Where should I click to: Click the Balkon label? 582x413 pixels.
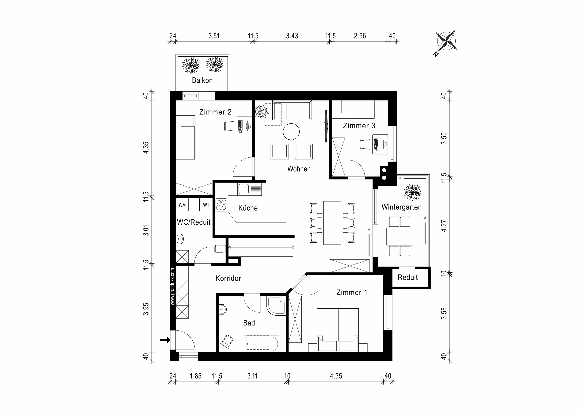pos(202,80)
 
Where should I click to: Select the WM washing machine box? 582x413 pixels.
pos(182,205)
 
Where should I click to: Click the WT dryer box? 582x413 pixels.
pos(206,205)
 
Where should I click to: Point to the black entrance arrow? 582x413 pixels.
pos(165,340)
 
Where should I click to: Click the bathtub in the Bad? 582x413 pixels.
pos(261,344)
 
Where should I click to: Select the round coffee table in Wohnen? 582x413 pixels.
pos(291,132)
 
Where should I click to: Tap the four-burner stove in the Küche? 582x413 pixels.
pos(221,205)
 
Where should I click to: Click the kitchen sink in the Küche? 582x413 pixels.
pos(243,189)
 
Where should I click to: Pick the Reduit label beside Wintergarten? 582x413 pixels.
pos(407,277)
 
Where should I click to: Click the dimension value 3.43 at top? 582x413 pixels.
pos(292,36)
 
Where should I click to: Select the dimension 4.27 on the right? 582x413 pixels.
pos(444,226)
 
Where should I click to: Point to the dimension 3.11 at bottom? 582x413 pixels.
pos(252,376)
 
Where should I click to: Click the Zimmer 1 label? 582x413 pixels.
pos(352,292)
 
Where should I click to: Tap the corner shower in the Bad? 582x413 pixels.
pos(276,306)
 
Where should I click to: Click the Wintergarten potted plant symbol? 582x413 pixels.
pos(412,192)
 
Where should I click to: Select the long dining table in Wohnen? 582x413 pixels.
pos(332,223)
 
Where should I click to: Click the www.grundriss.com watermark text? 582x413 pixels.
pos(173,286)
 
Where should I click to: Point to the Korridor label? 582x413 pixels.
pos(228,278)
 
